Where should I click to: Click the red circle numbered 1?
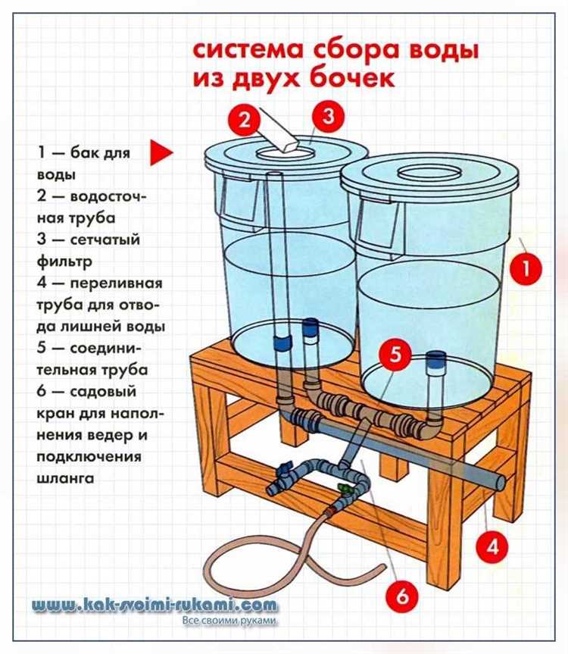point(526,268)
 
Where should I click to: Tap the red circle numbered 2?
point(244,120)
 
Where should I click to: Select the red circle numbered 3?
point(329,115)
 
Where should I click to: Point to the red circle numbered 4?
point(492,546)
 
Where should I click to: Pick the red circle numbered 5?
point(395,354)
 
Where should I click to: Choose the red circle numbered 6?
point(403,595)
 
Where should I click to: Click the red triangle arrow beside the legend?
point(161,152)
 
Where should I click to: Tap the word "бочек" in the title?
point(353,77)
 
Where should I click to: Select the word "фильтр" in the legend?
point(64,261)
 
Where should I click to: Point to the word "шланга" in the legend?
point(65,477)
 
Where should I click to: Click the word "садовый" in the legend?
point(103,392)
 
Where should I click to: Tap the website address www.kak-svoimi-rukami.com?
point(154,605)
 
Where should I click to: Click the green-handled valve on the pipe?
point(343,488)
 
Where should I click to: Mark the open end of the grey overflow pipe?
point(499,483)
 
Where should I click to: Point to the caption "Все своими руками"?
point(229,620)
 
